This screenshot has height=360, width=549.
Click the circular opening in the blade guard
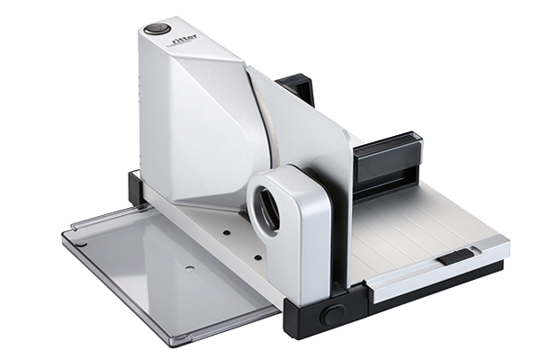click(266, 210)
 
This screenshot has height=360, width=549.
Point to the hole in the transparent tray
click(190, 268)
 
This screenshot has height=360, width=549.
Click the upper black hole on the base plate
click(227, 232)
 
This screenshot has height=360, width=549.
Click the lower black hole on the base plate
click(258, 258)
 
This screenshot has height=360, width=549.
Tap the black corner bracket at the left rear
click(136, 189)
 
